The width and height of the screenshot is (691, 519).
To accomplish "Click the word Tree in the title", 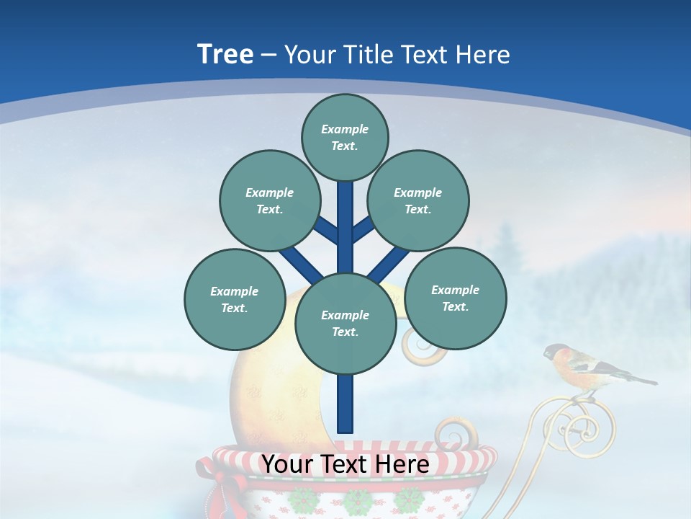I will coord(225,55).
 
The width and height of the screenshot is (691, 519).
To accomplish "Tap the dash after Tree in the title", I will coord(268,56).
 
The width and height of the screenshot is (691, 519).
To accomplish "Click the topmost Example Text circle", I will coord(345,137).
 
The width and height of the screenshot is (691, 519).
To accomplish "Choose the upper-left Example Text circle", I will coord(269,200).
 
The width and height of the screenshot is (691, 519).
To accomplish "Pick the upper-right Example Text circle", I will coord(418,200).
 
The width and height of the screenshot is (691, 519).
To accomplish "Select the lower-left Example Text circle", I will coord(235,299).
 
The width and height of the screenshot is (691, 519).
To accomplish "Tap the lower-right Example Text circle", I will coord(455,298).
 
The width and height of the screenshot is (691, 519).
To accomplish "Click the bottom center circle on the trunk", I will coord(345,324).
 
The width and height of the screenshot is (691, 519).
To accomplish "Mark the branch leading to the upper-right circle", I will coord(363,229).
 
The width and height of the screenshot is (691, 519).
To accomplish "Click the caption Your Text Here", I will coord(345,465).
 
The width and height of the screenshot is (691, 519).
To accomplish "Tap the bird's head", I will coord(556,353).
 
